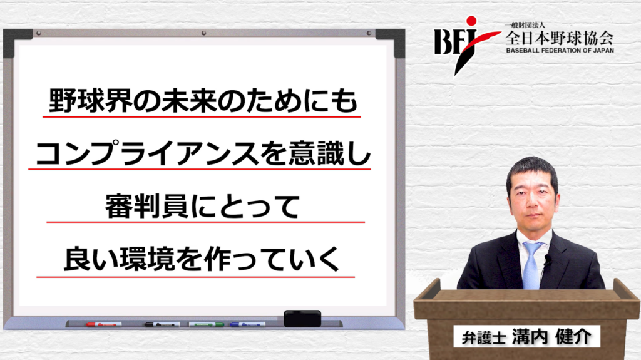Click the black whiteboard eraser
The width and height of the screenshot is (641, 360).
pos(302,318)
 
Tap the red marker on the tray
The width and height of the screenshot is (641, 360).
pos(104,324)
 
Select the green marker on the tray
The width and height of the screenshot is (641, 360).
pos(207,324)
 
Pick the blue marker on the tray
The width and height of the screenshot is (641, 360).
pos(247,324)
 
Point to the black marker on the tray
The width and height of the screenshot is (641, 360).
pos(162,324)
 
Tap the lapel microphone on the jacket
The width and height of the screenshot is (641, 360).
pos(547,259)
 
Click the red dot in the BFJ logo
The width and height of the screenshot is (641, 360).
pos(471,21)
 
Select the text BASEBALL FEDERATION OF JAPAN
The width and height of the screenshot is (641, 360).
pos(560,51)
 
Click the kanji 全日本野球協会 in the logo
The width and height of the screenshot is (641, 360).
pos(559,38)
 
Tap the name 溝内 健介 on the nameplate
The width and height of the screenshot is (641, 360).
pos(551,337)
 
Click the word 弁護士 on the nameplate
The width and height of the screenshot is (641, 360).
pos(484,338)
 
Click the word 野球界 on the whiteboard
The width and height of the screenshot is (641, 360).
pos(91,100)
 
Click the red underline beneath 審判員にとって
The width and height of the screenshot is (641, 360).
pos(205,222)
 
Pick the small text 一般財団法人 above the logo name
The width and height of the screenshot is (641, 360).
pos(525,26)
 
